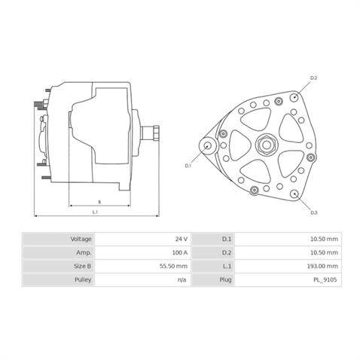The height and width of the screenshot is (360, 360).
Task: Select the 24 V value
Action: coord(182,239)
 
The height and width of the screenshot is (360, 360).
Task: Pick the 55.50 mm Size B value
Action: coord(174,266)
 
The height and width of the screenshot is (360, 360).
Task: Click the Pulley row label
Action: coord(83,279)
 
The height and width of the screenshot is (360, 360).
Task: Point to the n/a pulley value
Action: coord(182,279)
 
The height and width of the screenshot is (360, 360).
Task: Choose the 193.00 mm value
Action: coord(322,266)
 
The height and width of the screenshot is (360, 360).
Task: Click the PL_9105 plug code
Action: coord(325,279)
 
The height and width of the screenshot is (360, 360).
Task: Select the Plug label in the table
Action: coord(225,279)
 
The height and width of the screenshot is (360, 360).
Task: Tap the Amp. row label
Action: coord(84,252)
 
